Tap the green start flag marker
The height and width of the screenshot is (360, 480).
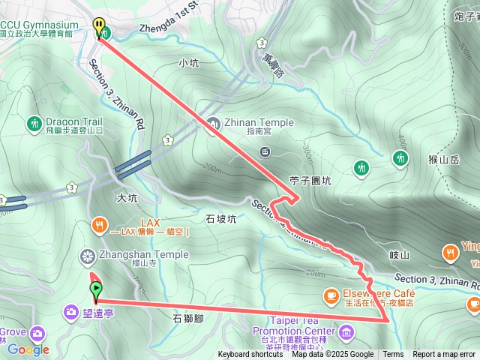pos(96,289)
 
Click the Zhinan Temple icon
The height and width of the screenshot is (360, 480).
pos(214,124)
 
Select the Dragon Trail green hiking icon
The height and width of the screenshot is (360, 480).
pos(34,123)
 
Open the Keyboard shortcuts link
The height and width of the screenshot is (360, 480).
pos(250,355)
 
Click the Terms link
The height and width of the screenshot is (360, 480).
pos(393,355)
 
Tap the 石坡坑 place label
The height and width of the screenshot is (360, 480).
pos(220,219)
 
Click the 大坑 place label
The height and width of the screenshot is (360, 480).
pos(127,199)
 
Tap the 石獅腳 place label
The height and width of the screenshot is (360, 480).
pos(188,318)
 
